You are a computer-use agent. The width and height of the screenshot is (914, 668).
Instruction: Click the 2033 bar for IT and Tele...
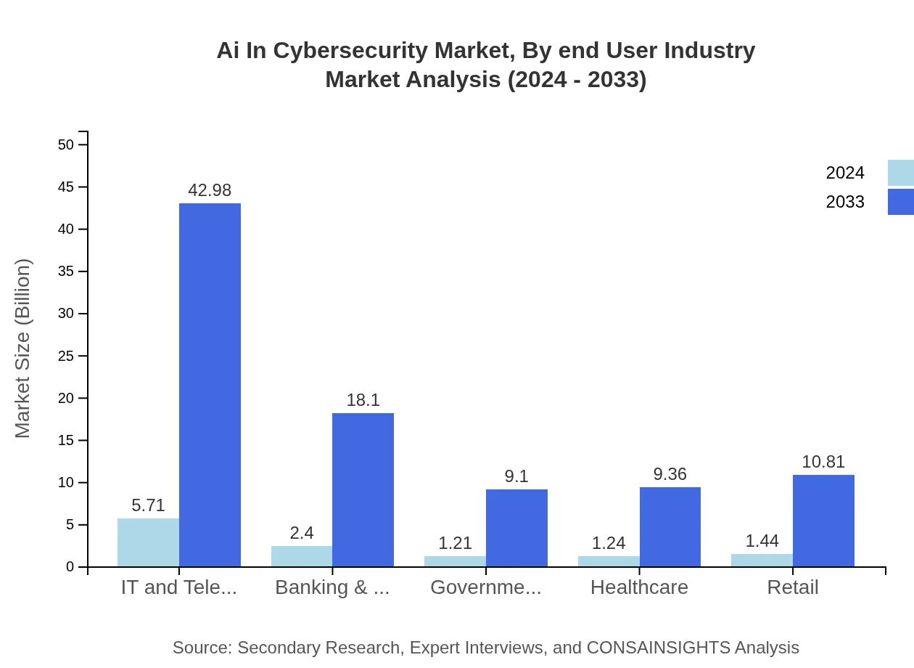pyautogui.click(x=210, y=385)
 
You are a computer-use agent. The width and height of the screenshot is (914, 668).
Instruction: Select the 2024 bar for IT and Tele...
pyautogui.click(x=148, y=542)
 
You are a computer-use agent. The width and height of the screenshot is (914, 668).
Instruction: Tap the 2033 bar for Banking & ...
pyautogui.click(x=363, y=490)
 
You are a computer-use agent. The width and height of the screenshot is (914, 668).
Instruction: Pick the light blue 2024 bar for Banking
pyautogui.click(x=302, y=556)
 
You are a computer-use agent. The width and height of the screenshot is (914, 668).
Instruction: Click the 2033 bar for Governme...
pyautogui.click(x=516, y=528)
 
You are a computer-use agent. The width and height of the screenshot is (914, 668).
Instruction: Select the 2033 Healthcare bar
pyautogui.click(x=670, y=527)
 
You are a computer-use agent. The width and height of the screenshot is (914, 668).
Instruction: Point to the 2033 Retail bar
pyautogui.click(x=823, y=521)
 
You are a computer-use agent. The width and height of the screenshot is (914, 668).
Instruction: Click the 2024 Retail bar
pyautogui.click(x=762, y=561)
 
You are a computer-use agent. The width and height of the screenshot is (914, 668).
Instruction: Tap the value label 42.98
pyautogui.click(x=210, y=190)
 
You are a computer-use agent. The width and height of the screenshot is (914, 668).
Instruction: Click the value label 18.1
pyautogui.click(x=363, y=400)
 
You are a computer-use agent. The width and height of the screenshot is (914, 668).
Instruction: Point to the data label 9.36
pyautogui.click(x=670, y=474)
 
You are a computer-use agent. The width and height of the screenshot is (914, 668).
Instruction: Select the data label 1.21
pyautogui.click(x=455, y=543)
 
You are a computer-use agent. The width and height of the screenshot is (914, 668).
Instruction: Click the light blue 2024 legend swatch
pyautogui.click(x=900, y=173)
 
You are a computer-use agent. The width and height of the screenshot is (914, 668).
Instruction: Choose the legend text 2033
pyautogui.click(x=845, y=202)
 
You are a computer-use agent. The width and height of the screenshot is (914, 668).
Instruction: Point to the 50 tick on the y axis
pyautogui.click(x=66, y=144)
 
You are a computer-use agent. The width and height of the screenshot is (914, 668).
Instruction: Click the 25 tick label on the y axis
pyautogui.click(x=66, y=356)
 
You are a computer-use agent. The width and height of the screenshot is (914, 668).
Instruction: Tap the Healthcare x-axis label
pyautogui.click(x=639, y=587)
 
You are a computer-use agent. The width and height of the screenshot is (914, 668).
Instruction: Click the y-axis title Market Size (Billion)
pyautogui.click(x=23, y=349)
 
